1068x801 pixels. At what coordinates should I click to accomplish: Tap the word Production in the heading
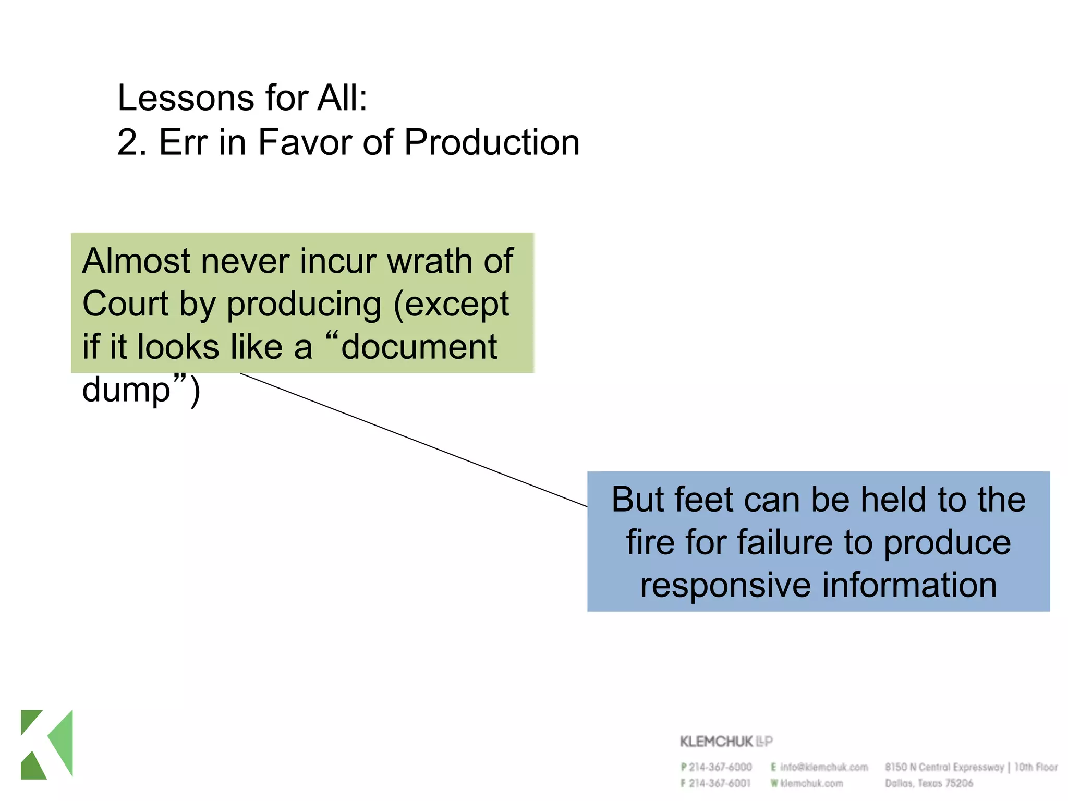(491, 142)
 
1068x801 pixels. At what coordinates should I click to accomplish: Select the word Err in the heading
(183, 142)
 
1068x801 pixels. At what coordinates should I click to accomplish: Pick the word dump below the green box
(127, 390)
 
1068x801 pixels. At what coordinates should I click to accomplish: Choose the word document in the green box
(419, 347)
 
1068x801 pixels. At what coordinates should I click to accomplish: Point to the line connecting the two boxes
(414, 440)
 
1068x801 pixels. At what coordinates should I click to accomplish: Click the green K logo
(47, 744)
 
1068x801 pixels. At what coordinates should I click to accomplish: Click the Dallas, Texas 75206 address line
(929, 783)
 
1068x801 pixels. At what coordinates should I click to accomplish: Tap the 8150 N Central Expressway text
(944, 767)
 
